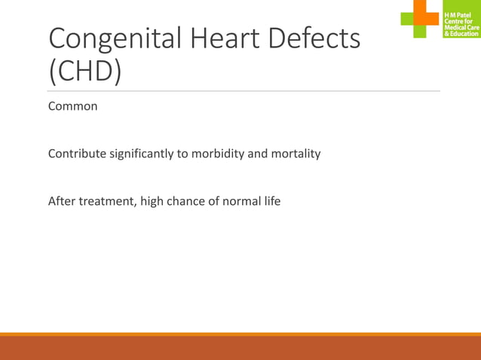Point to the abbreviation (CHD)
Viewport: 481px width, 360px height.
click(x=85, y=71)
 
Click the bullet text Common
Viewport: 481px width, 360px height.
click(x=73, y=106)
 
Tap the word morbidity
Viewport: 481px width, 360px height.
click(x=219, y=154)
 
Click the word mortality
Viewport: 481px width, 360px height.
click(x=295, y=154)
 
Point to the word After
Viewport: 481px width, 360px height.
click(x=62, y=201)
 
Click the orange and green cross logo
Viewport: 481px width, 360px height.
click(x=420, y=18)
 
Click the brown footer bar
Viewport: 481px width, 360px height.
click(x=240, y=348)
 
